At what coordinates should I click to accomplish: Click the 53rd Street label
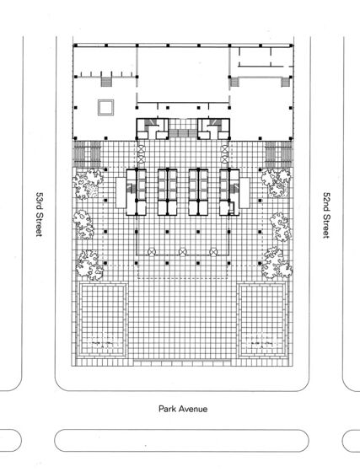point(40,215)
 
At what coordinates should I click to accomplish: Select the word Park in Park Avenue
point(166,409)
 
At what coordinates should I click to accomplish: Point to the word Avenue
point(192,409)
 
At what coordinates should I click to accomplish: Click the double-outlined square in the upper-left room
point(105,108)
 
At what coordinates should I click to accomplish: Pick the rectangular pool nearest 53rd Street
point(102,320)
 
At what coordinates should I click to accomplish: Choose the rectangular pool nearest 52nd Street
point(262,320)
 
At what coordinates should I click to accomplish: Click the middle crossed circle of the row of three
point(182,252)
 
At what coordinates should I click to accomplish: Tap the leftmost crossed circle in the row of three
point(152,252)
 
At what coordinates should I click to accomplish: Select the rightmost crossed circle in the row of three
point(213,252)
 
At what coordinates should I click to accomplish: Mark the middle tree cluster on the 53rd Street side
point(83,224)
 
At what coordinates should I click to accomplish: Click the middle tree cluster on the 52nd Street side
point(281,227)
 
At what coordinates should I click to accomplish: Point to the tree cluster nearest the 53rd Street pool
point(89,265)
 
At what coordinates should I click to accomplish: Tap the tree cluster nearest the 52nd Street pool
point(277,263)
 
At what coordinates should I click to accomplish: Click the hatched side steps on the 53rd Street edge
point(88,154)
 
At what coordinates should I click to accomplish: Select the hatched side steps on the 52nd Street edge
point(279,154)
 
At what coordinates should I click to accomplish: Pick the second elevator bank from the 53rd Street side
point(168,192)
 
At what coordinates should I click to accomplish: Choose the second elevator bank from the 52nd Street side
point(198,192)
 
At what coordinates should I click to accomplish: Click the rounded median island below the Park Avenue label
point(181,441)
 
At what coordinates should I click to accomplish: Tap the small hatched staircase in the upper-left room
point(105,82)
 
